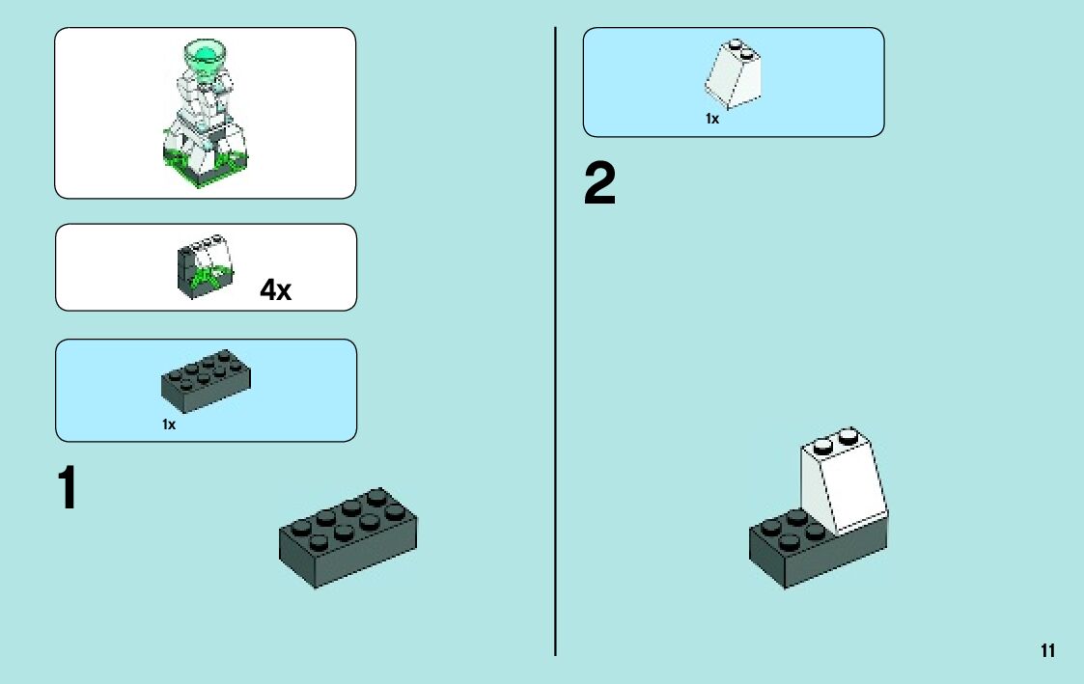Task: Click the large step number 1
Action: [x=67, y=487]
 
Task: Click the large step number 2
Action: [x=599, y=183]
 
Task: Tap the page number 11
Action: [x=1047, y=651]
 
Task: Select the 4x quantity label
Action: [x=275, y=289]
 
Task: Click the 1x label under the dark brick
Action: [x=169, y=424]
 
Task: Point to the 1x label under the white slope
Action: [x=712, y=119]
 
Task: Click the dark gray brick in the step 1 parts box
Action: [x=206, y=381]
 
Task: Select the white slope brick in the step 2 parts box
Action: [x=733, y=74]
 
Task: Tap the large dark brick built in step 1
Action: [x=347, y=538]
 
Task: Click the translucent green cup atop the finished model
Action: [x=205, y=56]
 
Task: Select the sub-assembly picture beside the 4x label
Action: [x=206, y=266]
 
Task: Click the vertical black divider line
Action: [x=555, y=342]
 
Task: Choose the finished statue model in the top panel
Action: [x=205, y=113]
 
